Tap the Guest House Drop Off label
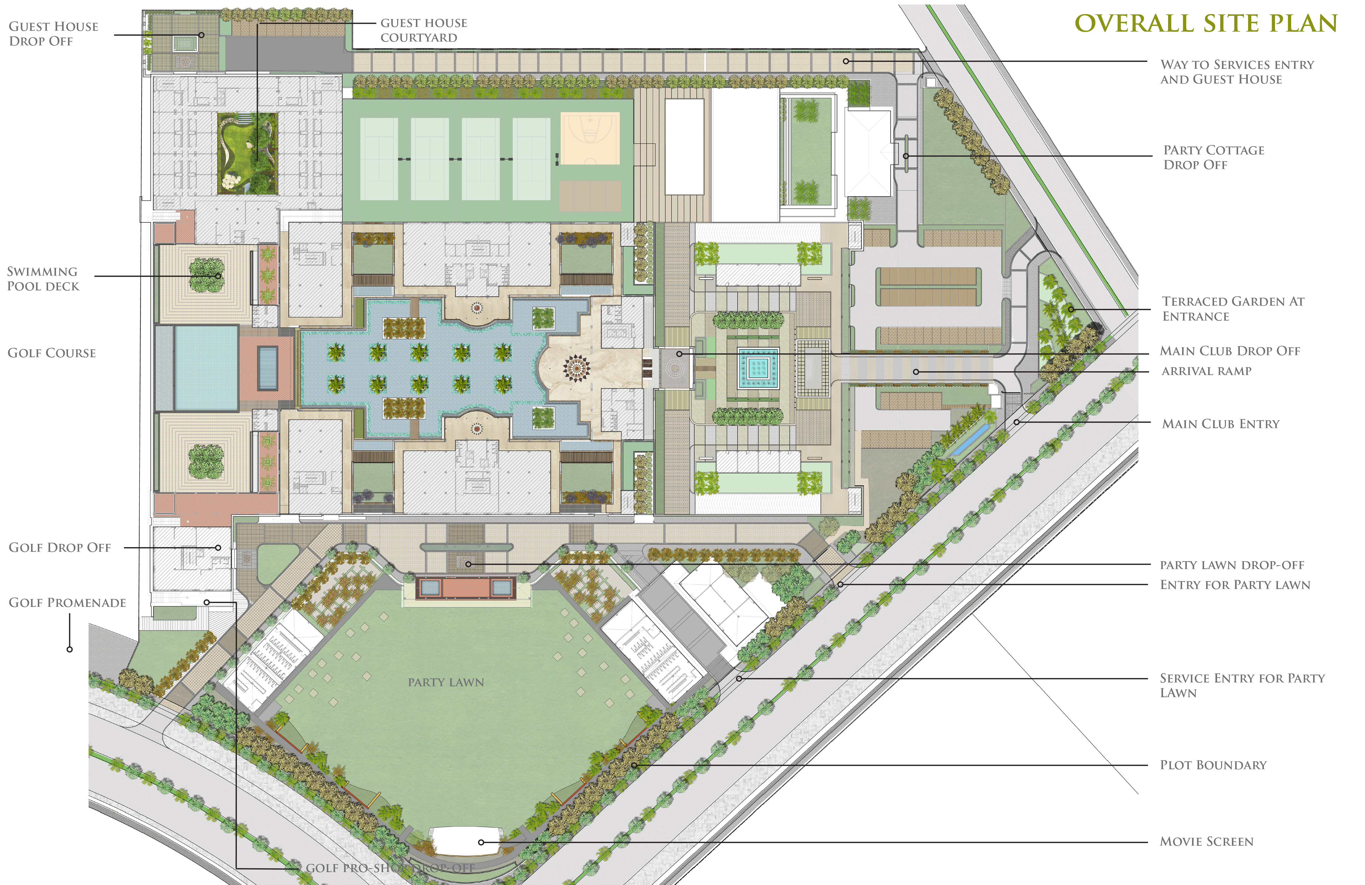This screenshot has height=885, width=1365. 53,34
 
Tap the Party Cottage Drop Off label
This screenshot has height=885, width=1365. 1213,157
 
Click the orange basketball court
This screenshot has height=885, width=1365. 590,139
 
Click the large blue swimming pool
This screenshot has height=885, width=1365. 206,368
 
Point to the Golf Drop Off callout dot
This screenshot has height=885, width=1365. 218,548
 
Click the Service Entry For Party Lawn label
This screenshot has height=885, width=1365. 1242,685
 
